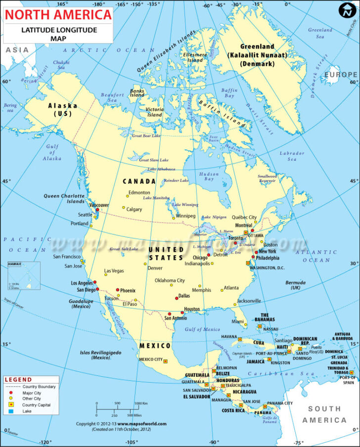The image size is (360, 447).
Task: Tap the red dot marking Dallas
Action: [177, 298]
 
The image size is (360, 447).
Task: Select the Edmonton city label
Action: [139, 192]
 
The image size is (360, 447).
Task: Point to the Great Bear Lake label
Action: [146, 135]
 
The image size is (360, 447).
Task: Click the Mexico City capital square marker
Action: [166, 361]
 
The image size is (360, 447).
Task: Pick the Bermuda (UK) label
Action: [296, 285]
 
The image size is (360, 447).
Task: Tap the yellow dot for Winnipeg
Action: [174, 218]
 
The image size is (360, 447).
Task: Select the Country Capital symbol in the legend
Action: [9, 404]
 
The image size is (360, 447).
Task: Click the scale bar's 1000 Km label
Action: [141, 403]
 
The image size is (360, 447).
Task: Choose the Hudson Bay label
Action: [209, 177]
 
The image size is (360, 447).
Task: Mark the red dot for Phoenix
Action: [117, 290]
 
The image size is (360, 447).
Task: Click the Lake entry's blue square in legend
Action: [9, 411]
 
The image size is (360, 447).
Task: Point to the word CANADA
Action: [139, 181]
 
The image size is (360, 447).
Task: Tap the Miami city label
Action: [238, 322]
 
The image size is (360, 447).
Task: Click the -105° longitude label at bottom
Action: [132, 442]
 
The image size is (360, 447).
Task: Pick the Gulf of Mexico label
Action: [202, 329]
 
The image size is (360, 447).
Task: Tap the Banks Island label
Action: [137, 93]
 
